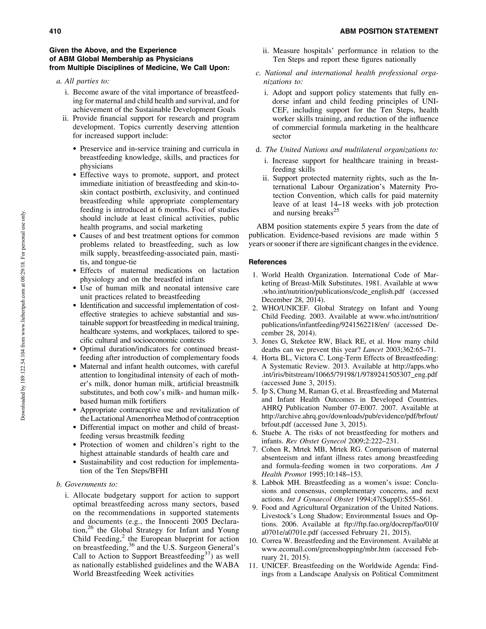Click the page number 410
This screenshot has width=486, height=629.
tap(55, 31)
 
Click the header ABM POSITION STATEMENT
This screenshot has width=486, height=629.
tap(389, 31)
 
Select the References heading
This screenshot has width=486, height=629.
tap(267, 262)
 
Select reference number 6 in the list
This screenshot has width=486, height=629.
tap(255, 433)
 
